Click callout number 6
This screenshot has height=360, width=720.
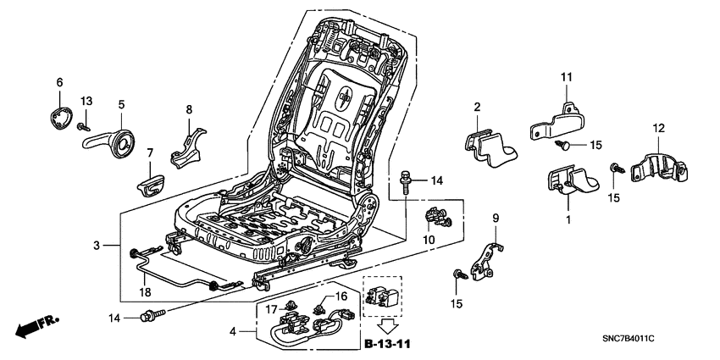[59, 82]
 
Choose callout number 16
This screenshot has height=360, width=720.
[343, 296]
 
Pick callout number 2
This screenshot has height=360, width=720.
[477, 107]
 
